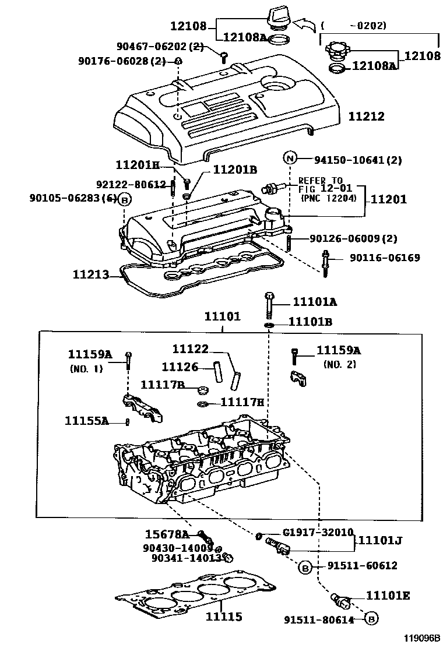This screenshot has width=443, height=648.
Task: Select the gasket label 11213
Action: (x=91, y=274)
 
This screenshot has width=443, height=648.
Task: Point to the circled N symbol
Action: (x=290, y=158)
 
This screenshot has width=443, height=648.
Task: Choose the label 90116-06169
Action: (x=385, y=258)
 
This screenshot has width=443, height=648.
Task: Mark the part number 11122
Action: (x=190, y=349)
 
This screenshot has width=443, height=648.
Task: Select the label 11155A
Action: (x=87, y=420)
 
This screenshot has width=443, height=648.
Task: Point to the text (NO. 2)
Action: (x=339, y=364)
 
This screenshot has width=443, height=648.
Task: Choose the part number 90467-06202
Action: (x=160, y=47)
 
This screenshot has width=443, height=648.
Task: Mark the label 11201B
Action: (x=235, y=170)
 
